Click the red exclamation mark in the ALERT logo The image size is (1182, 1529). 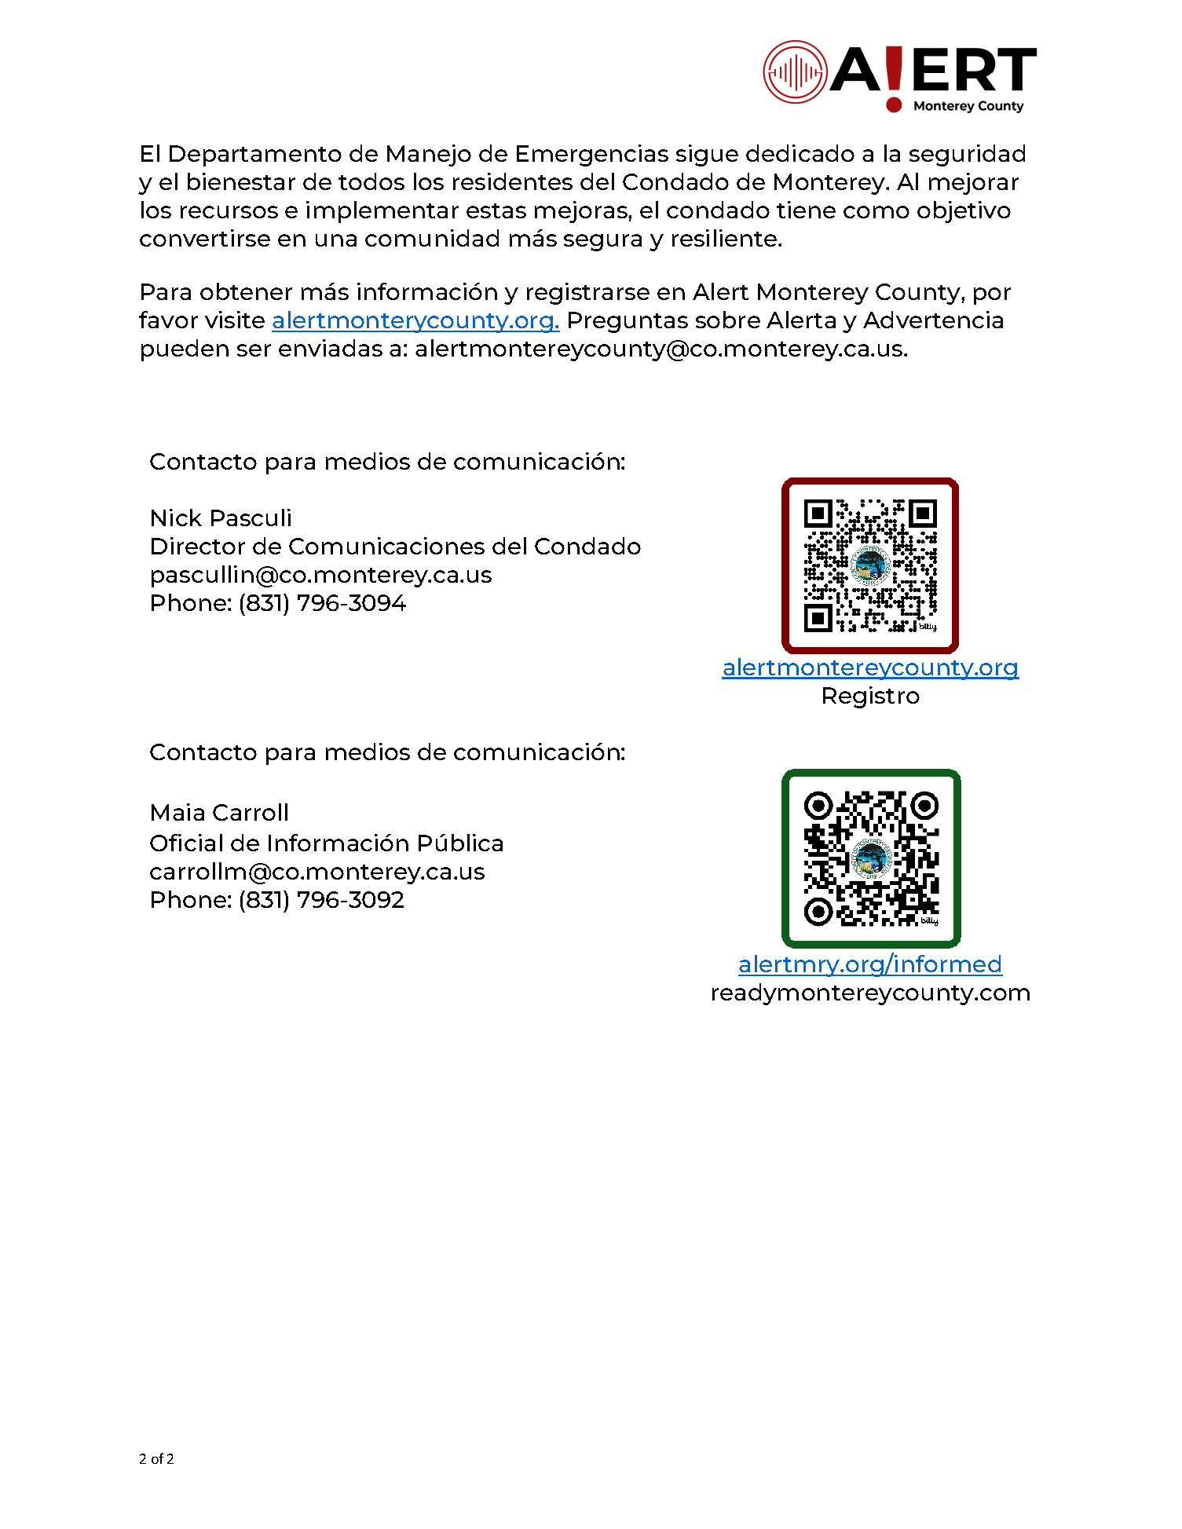894,77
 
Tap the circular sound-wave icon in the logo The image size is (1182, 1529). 795,72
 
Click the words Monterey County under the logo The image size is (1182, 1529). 968,106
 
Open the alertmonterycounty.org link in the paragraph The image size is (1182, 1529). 415,320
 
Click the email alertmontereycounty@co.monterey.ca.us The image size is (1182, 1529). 660,349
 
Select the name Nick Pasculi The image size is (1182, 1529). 221,518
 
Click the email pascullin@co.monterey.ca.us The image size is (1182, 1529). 320,575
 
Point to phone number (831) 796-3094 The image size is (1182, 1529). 322,603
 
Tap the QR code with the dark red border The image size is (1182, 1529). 870,565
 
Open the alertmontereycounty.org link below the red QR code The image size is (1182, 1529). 870,668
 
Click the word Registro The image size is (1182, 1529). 870,696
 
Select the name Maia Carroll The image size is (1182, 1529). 219,813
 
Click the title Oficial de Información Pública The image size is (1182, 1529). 326,843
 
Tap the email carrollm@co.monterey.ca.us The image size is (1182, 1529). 317,872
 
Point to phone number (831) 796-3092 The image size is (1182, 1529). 321,900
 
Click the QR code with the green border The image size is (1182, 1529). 871,858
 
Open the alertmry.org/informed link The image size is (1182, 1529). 870,964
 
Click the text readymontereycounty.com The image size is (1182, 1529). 870,993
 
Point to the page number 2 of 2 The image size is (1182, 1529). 156,1459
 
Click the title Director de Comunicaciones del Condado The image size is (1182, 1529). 395,547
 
